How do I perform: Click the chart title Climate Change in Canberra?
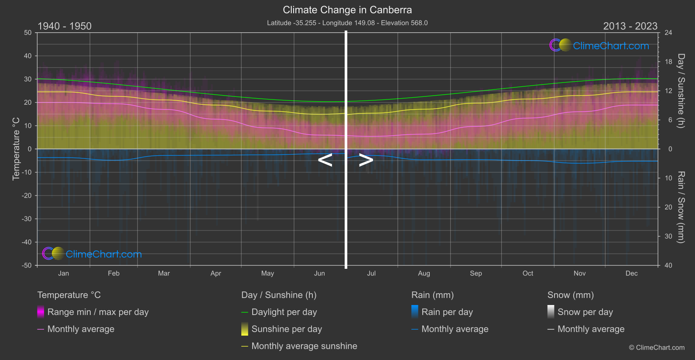pyautogui.click(x=347, y=10)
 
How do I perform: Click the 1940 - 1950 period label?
pyautogui.click(x=65, y=26)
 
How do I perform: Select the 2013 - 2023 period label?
pyautogui.click(x=630, y=26)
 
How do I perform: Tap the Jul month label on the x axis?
pyautogui.click(x=371, y=273)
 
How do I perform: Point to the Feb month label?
pyautogui.click(x=113, y=273)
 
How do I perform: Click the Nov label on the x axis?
pyautogui.click(x=579, y=273)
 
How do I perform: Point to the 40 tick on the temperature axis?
pyautogui.click(x=28, y=56)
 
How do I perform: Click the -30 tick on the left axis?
pyautogui.click(x=27, y=219)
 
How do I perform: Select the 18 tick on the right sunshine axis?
pyautogui.click(x=668, y=62)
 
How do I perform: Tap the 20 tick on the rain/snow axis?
pyautogui.click(x=668, y=207)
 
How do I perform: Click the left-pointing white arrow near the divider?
pyautogui.click(x=325, y=160)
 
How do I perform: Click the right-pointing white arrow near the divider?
pyautogui.click(x=366, y=160)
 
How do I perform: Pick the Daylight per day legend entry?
pyautogui.click(x=284, y=312)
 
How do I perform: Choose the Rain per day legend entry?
pyautogui.click(x=447, y=312)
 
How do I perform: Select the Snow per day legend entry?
pyautogui.click(x=585, y=312)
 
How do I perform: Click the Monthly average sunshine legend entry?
pyautogui.click(x=304, y=346)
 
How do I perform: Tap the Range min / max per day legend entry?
pyautogui.click(x=98, y=312)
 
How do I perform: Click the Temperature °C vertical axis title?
pyautogui.click(x=16, y=149)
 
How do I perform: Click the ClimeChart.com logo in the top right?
pyautogui.click(x=599, y=45)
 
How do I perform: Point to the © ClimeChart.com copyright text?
pyautogui.click(x=657, y=347)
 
